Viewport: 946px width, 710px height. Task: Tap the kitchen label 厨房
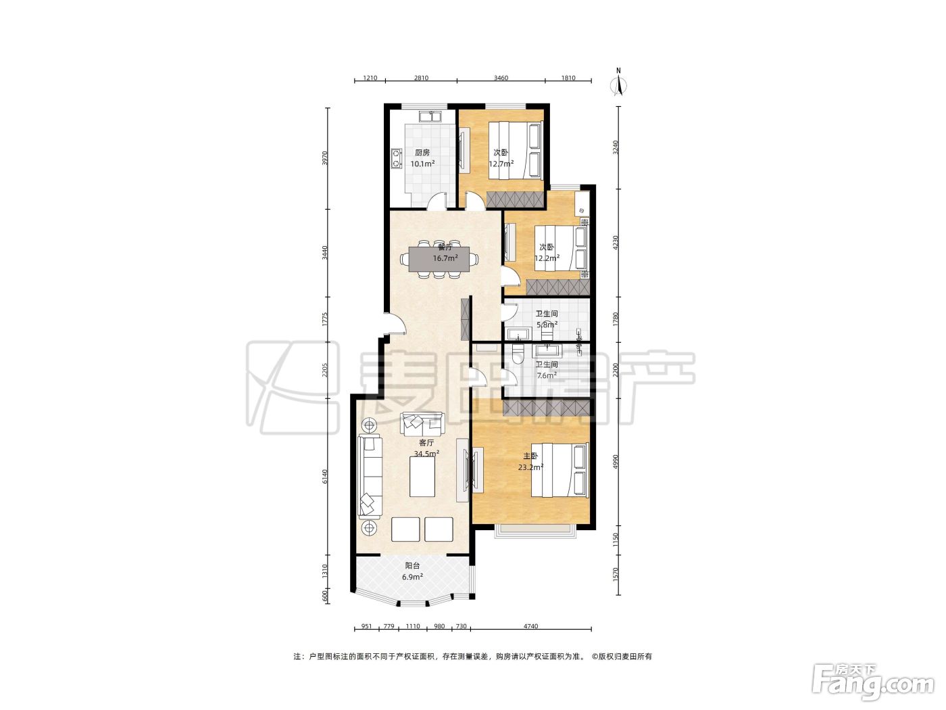point(422,153)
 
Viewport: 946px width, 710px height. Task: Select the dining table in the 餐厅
point(439,259)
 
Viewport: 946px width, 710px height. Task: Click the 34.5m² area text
point(426,454)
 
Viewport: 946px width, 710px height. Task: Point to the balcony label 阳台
point(412,566)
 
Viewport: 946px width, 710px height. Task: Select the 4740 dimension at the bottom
point(530,626)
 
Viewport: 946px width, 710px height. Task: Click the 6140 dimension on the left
point(326,477)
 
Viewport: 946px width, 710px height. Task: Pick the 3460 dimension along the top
point(501,78)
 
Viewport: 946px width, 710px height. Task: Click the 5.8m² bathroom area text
point(547,325)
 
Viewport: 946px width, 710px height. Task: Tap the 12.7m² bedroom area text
point(501,164)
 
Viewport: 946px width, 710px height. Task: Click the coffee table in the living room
point(422,477)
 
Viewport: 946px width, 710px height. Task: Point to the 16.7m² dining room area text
point(445,259)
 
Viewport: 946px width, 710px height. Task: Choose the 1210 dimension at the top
point(370,78)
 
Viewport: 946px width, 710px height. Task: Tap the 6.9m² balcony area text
point(412,577)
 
